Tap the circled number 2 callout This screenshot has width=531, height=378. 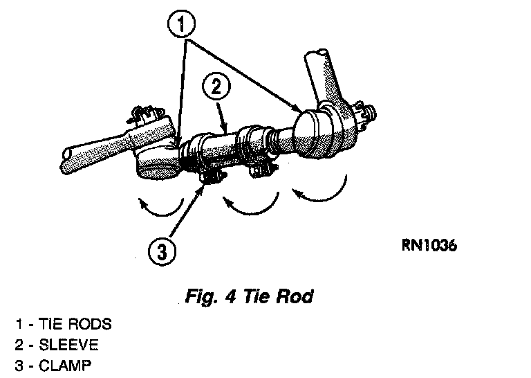click(216, 88)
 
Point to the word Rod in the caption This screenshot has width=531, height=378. click(297, 297)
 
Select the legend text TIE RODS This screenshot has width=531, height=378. click(77, 324)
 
